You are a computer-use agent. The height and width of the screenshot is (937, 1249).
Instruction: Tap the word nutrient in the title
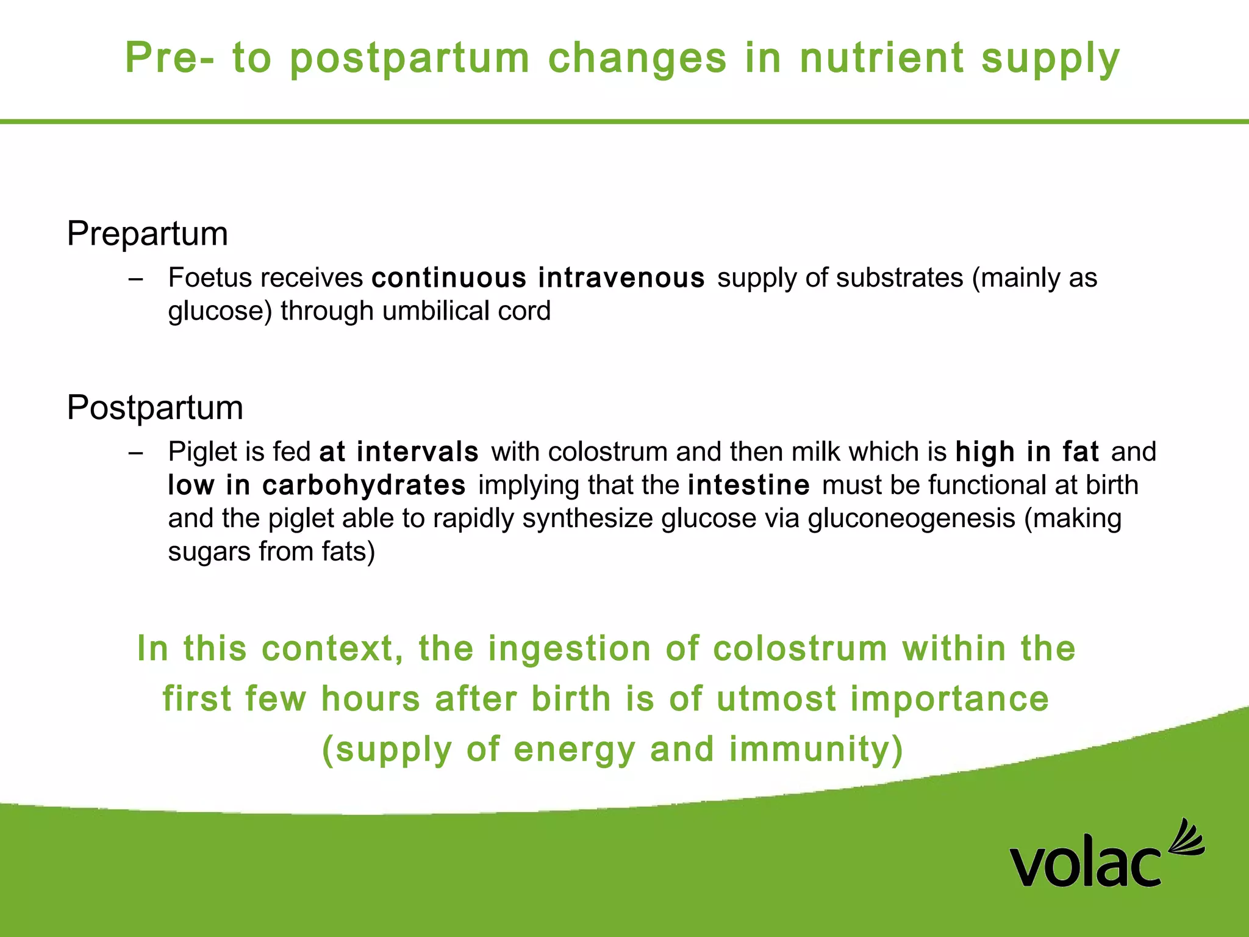point(882,58)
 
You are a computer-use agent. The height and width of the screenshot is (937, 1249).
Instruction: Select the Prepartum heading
point(147,234)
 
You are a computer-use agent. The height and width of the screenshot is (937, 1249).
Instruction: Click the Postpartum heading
point(155,407)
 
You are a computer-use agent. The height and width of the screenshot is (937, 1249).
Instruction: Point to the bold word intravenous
point(621,278)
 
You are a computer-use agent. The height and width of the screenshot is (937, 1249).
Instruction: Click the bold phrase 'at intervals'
point(399,452)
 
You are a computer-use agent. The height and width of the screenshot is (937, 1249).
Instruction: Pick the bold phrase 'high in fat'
point(1027,452)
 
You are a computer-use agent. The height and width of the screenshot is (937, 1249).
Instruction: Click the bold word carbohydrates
point(364,486)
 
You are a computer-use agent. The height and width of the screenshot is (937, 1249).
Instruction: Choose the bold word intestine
point(748,486)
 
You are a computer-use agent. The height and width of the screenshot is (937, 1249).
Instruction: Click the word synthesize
point(588,519)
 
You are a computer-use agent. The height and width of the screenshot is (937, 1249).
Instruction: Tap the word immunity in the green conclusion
point(816,749)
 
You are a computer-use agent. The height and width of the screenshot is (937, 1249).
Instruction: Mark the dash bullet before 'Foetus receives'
point(136,279)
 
